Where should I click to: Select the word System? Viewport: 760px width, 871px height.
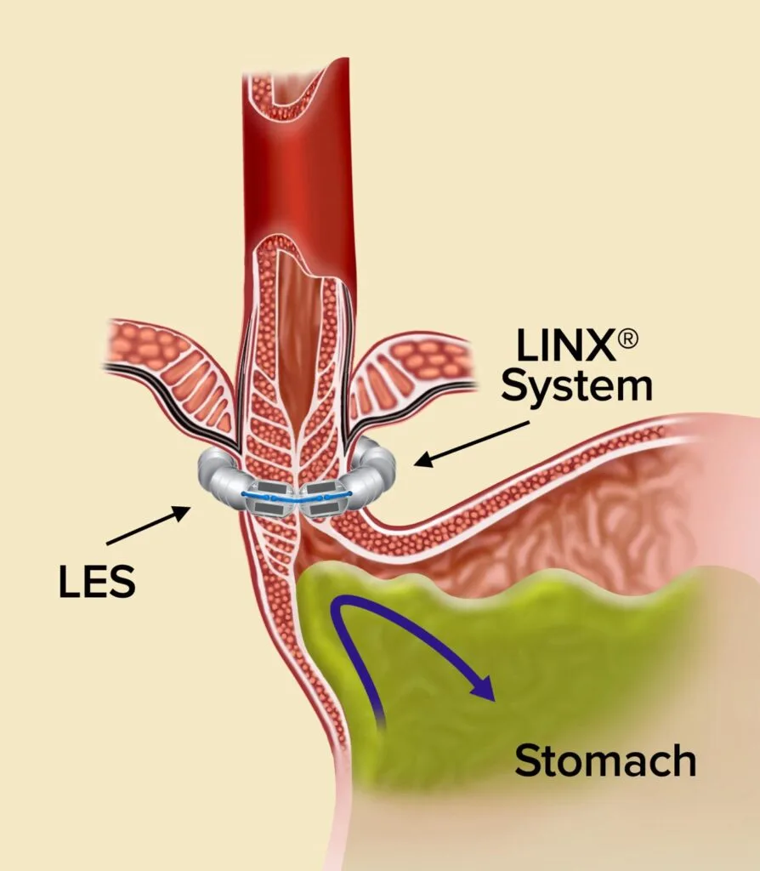point(576,388)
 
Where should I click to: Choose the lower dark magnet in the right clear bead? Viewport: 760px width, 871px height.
point(321,509)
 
